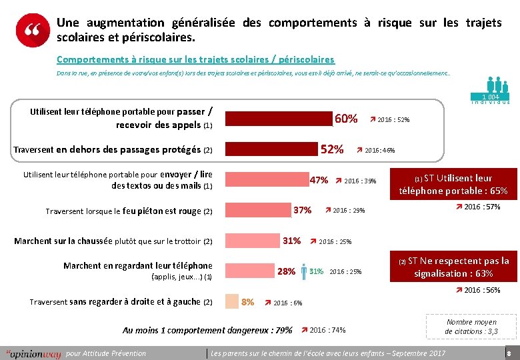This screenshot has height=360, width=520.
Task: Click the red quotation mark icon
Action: [33, 31]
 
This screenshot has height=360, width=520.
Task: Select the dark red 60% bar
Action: [279, 119]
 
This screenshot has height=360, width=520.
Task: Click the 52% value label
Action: [332, 149]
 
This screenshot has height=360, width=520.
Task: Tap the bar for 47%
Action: [267, 180]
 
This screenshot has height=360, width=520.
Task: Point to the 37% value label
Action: [303, 210]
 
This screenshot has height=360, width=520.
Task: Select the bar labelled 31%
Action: [253, 241]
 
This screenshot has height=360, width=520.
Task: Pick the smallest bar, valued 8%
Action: [231, 301]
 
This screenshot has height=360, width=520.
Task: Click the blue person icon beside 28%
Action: [304, 271]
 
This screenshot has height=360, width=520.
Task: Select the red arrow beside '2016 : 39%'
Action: [339, 180]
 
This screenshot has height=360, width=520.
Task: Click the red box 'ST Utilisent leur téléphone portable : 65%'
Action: [453, 184]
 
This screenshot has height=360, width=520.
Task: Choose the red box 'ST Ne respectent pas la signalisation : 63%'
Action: [453, 267]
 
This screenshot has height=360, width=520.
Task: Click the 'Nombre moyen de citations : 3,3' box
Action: [471, 327]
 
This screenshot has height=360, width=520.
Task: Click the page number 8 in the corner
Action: [509, 353]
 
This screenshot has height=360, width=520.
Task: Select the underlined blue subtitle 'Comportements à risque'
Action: [195, 59]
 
